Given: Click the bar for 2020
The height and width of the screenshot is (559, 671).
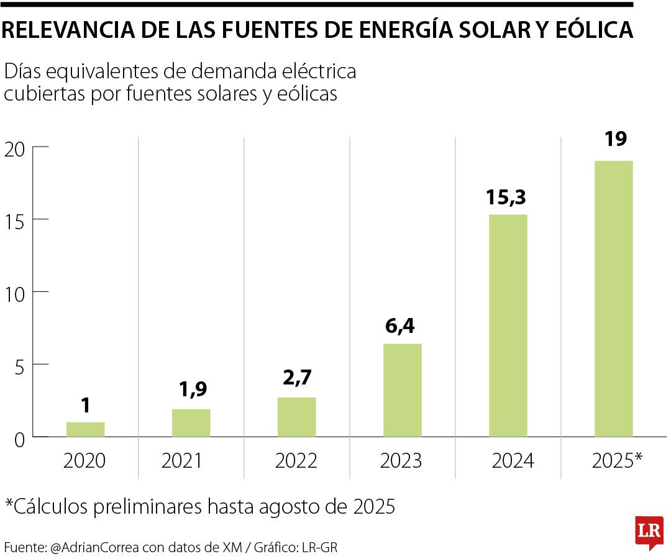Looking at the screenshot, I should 85,429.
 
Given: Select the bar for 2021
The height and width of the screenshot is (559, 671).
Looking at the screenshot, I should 191,422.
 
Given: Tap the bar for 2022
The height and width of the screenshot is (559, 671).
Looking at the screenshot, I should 296,417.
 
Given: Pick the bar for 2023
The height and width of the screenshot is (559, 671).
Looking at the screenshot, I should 402,390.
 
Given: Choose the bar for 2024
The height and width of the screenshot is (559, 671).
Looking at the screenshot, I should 508,325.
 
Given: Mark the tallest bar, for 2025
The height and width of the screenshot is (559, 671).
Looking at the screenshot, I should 613,299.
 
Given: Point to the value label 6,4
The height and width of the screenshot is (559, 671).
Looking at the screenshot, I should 402,325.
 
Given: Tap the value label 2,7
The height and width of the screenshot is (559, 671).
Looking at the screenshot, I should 296,379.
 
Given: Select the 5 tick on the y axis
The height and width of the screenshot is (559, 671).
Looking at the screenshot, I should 19,365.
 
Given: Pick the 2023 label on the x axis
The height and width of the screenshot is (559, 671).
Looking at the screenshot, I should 401,461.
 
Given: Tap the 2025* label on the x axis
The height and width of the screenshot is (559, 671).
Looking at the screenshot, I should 617,460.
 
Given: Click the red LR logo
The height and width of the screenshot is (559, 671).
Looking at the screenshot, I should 649,532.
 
